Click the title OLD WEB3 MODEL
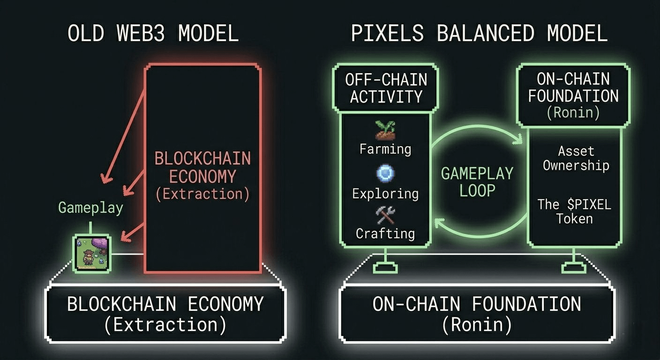click(x=153, y=34)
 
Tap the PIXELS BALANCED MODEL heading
click(x=479, y=34)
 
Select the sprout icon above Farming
click(x=385, y=130)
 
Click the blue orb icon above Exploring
click(x=385, y=174)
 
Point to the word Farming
click(x=385, y=149)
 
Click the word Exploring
click(x=385, y=193)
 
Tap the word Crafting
click(x=385, y=233)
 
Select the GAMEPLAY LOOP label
click(x=477, y=182)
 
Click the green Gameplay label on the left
click(x=90, y=208)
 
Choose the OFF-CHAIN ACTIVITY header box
click(x=385, y=88)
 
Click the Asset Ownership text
click(x=576, y=158)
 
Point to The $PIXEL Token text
click(x=575, y=211)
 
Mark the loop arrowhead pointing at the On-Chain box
click(x=519, y=139)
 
